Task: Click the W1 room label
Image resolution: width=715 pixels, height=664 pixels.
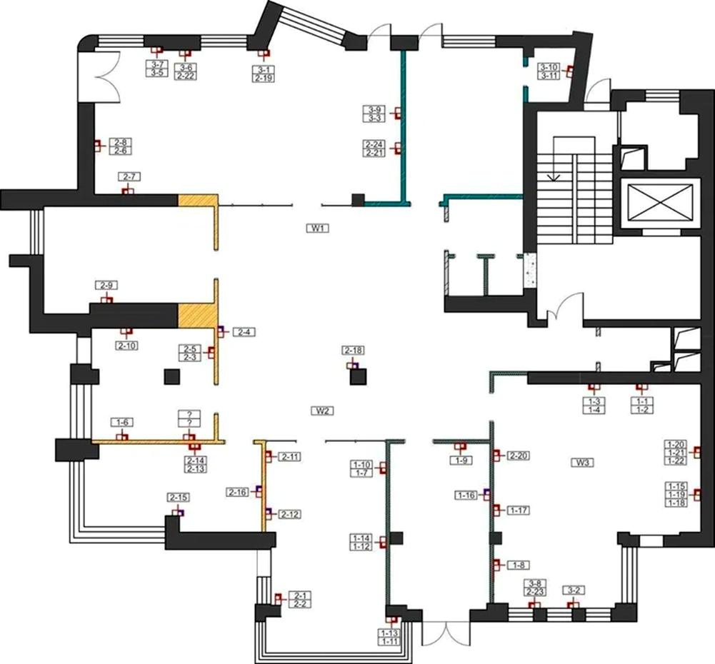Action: [x=318, y=228]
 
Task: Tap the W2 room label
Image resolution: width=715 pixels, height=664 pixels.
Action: [x=322, y=411]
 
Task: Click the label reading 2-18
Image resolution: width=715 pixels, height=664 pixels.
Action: [x=354, y=350]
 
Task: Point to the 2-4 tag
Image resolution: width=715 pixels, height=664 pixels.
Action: [x=244, y=332]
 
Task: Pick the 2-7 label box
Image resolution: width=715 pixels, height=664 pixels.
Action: [x=129, y=176]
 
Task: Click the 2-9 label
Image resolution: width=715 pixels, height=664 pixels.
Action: [x=106, y=286]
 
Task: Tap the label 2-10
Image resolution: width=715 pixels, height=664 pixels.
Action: [x=126, y=346]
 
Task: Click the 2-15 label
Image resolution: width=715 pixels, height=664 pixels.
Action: [x=178, y=497]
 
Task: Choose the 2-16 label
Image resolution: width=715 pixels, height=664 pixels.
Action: [x=238, y=492]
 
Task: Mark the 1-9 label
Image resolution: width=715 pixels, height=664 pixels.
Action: [x=461, y=461]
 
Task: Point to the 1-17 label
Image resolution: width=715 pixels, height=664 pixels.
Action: [x=518, y=510]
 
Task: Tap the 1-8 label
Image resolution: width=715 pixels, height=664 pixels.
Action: [x=518, y=565]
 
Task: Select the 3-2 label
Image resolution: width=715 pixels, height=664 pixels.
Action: [x=574, y=590]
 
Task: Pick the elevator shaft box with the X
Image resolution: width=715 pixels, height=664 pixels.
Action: [x=659, y=203]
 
